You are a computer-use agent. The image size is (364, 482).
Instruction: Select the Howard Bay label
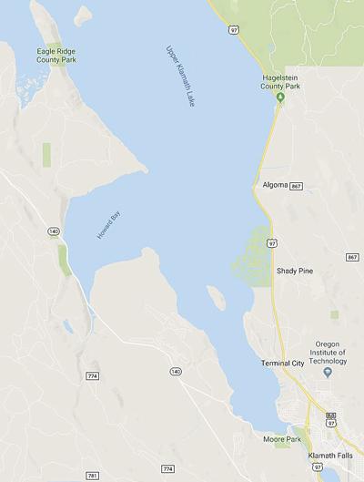click(108, 224)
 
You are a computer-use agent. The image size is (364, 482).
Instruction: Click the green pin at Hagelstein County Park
click(281, 97)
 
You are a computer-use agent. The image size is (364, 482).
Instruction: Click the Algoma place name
click(274, 185)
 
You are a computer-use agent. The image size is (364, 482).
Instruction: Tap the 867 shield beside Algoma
click(297, 186)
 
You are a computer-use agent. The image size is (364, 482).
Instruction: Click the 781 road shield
click(93, 475)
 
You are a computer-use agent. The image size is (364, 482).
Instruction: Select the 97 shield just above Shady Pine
click(272, 244)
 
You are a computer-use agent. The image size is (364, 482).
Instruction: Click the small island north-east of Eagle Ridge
click(83, 15)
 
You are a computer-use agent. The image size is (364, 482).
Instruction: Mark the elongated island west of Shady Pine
click(217, 296)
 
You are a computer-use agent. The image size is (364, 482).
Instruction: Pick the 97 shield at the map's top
click(234, 30)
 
